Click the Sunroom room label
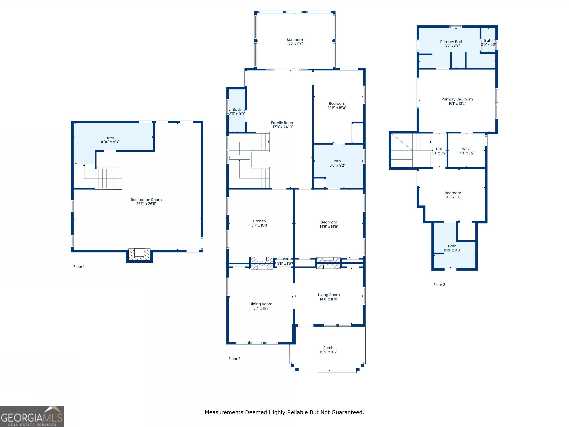295,40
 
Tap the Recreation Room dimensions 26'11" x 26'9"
146,204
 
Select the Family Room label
283,123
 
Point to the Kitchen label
259,221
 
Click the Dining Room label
261,304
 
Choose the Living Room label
329,295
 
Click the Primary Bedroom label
457,99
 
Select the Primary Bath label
452,42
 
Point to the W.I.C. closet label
467,149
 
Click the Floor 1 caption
79,267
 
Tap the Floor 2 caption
234,359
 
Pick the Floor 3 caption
439,285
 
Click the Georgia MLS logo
32,416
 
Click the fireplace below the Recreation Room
139,255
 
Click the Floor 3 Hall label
439,149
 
